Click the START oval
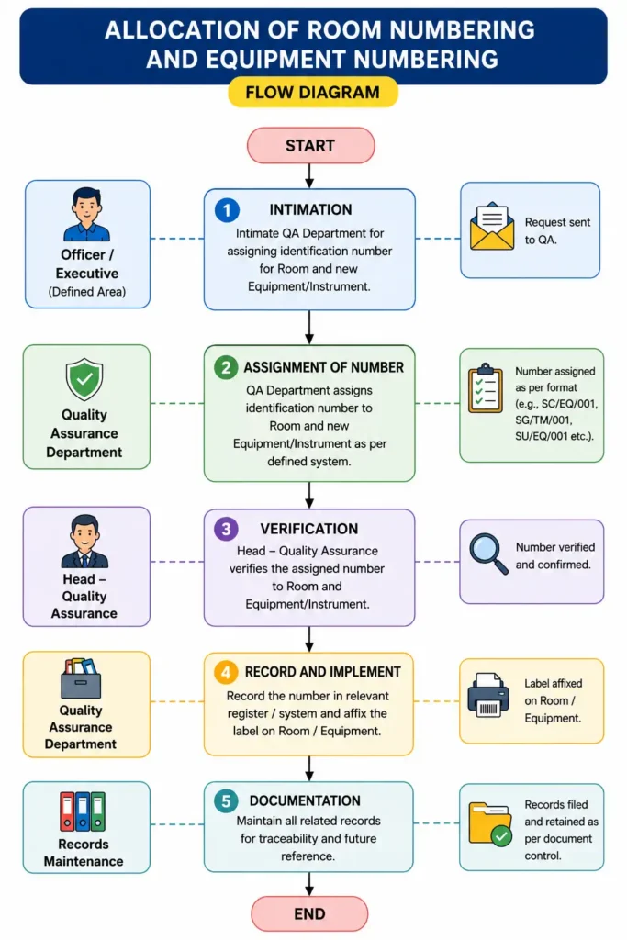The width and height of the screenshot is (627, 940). [x=310, y=146]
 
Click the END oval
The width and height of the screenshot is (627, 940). [x=309, y=913]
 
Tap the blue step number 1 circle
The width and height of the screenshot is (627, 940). [x=227, y=210]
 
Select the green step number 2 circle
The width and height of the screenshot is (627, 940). [x=226, y=367]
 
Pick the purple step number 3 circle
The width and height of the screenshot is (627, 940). [x=226, y=529]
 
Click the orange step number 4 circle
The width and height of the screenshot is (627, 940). [x=226, y=672]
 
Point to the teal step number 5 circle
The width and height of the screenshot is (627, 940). [x=226, y=800]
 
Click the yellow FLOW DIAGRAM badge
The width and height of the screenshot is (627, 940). [x=313, y=93]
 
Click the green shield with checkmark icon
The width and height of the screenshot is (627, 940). [x=84, y=379]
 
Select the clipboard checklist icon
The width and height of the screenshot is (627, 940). [x=486, y=388]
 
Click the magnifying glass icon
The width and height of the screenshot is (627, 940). [x=488, y=554]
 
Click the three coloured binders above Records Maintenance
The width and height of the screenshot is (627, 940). [x=83, y=811]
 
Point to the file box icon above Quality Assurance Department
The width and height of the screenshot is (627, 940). [x=82, y=678]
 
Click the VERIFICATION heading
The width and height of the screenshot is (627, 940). [x=309, y=529]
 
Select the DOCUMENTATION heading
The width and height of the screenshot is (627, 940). [x=305, y=800]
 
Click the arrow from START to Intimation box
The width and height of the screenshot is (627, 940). [x=309, y=175]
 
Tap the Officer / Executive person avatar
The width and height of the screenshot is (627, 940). [x=87, y=214]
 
